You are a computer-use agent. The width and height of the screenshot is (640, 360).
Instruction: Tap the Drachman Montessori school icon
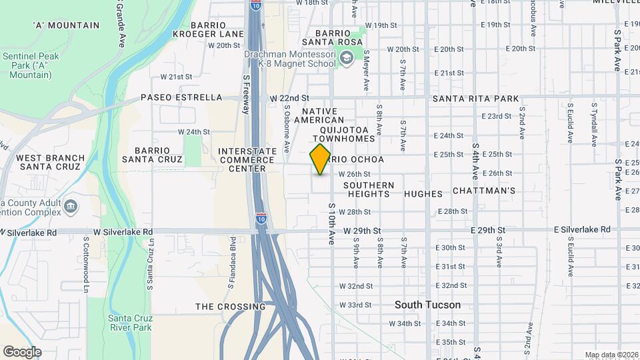[347, 58]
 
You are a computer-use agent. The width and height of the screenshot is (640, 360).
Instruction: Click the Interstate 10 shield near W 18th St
[256, 5]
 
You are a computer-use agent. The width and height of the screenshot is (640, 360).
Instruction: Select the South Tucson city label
[427, 305]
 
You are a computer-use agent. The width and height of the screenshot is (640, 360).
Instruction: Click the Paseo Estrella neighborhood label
[181, 97]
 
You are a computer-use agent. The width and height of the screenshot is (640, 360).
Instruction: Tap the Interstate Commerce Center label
[243, 160]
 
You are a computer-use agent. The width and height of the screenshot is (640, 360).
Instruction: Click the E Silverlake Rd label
[582, 229]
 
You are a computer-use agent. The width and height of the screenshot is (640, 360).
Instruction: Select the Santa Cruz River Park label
[130, 323]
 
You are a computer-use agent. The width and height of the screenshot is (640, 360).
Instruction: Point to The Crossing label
[230, 307]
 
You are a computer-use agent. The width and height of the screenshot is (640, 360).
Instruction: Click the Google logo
[22, 351]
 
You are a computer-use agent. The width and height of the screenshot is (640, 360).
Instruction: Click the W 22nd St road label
[290, 98]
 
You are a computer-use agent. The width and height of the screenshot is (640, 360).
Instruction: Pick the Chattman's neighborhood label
[484, 191]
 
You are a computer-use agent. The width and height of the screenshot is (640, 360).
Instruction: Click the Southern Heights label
[369, 189]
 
